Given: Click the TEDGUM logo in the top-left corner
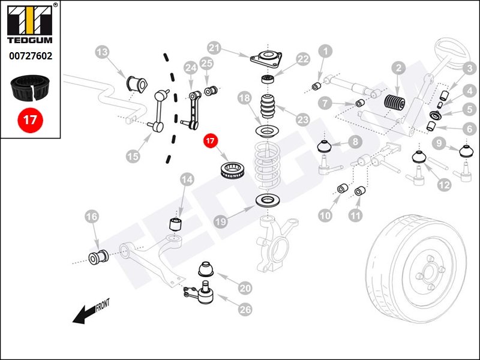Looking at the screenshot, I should [30, 27].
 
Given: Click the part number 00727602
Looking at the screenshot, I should [30, 56].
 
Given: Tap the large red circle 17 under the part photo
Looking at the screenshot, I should [30, 119].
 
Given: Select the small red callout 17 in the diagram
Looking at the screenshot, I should [209, 142].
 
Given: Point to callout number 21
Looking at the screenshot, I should [215, 47].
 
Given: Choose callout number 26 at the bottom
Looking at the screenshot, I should [245, 310].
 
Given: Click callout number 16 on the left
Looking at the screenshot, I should [91, 217].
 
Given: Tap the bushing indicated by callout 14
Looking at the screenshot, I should [176, 224].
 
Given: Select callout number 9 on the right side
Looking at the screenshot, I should [441, 143].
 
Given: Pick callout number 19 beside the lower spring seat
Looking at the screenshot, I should [221, 221].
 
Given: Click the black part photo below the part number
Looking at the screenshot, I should [30, 87].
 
